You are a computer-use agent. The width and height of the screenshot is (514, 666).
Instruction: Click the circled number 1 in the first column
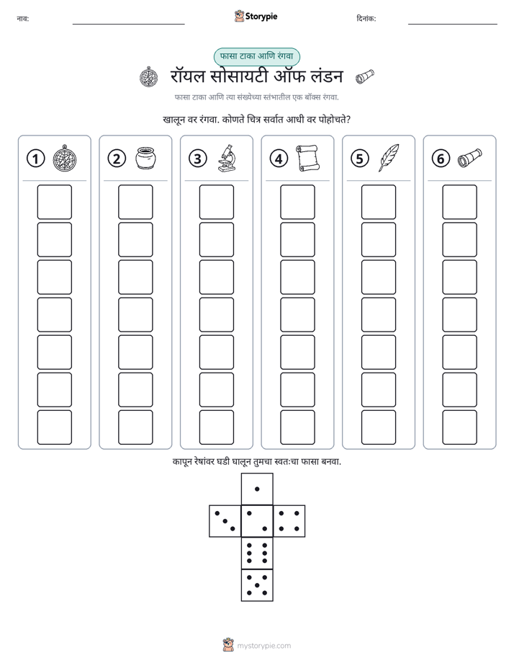pos(35,159)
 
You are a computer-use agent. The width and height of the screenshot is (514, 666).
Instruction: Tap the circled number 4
pos(279,159)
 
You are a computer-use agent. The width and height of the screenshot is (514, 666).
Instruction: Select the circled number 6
pos(441,159)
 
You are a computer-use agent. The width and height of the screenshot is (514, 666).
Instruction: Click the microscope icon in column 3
pos(227,158)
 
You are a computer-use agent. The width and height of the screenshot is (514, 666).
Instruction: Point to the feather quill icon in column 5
pos(389,158)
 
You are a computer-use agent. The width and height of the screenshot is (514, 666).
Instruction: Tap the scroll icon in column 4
pos(307,158)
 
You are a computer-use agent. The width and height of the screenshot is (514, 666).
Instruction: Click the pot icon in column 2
pos(146,158)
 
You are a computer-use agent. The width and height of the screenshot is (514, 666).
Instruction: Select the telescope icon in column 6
pos(470,158)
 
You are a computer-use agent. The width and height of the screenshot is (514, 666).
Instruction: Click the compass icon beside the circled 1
pos(65,158)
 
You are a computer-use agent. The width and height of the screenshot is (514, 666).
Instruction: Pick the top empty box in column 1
pos(54,202)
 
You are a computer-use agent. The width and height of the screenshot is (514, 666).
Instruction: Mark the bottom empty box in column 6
pos(460,427)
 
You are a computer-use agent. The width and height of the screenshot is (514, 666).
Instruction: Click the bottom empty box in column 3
pos(216,427)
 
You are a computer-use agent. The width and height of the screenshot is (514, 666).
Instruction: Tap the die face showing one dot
pos(257,489)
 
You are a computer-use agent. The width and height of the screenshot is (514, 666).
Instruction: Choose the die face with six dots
pos(257,553)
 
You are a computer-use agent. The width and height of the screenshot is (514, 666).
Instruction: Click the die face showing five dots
pos(257,585)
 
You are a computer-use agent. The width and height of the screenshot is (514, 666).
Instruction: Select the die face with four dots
pos(289,521)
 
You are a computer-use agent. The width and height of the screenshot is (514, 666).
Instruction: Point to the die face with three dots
pos(225,521)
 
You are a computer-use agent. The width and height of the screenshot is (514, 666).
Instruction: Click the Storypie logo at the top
pos(256,16)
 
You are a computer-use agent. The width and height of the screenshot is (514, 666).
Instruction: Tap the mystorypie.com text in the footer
pos(263,646)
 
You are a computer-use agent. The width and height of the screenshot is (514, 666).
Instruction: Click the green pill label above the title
pos(256,56)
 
